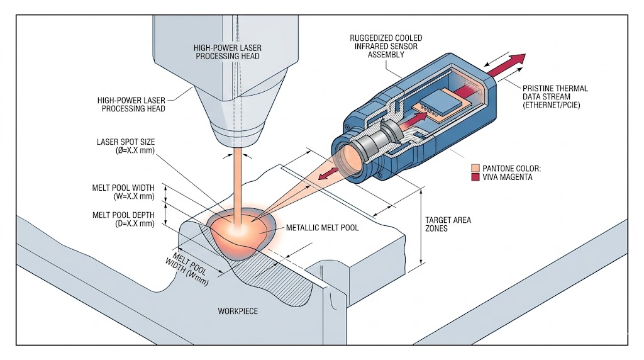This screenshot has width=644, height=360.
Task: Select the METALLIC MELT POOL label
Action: (323, 227)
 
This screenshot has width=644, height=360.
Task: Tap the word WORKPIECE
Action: (238, 312)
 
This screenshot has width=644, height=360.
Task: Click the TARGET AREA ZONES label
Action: (448, 225)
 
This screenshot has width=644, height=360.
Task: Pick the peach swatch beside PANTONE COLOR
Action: (475, 168)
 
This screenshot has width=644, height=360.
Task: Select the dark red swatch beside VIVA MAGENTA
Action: (475, 177)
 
